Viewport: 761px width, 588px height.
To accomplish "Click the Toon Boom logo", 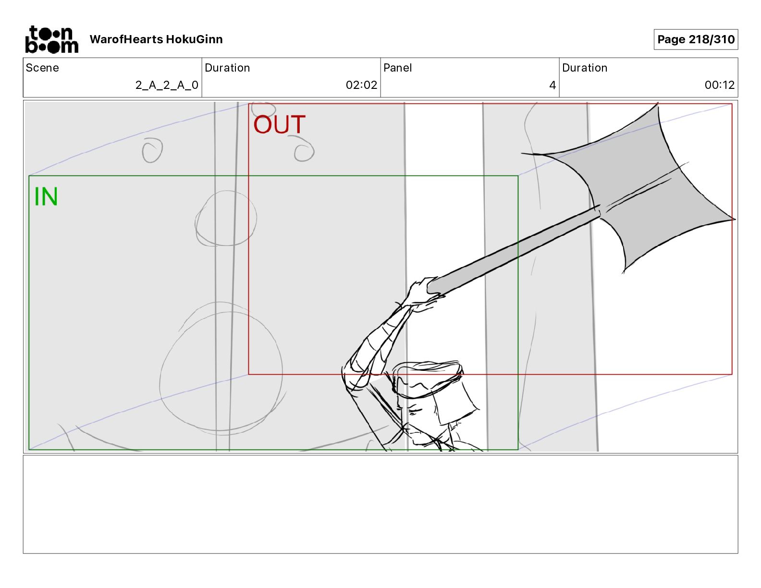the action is [51, 39].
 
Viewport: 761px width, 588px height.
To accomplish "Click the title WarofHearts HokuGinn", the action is [156, 39].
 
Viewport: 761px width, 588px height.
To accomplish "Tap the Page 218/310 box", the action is [695, 39].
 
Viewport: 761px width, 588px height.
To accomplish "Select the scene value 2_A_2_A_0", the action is [167, 85].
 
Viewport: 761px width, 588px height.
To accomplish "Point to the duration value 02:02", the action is [361, 85].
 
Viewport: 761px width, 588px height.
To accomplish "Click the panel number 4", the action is [552, 85].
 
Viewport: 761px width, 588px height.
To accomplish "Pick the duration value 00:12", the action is [719, 85].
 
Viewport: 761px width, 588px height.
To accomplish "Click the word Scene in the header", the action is [42, 68].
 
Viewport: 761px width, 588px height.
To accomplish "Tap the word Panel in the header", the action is [397, 68].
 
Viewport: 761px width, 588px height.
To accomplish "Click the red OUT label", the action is [279, 125].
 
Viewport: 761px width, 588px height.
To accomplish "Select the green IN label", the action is [46, 197].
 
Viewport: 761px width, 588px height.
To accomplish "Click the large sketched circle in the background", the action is [221, 367].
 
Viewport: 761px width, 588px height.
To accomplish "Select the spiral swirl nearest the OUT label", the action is [303, 149].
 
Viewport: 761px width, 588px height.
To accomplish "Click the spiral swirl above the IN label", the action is [152, 150].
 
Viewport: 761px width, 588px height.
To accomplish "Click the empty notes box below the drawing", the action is [380, 504].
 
